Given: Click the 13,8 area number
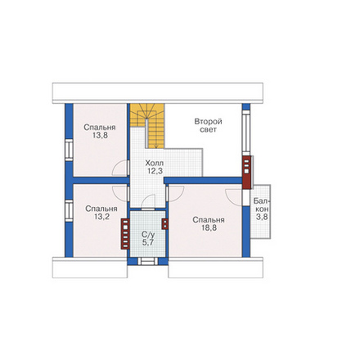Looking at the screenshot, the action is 100,136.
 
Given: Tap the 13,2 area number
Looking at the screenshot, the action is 101,217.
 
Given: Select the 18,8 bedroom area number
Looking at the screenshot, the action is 209,228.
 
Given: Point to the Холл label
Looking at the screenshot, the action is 155,164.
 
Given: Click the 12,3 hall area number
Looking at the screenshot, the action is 155,171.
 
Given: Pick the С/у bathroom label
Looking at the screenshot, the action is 148,235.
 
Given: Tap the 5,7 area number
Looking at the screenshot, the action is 148,242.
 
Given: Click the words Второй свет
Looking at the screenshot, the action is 208,125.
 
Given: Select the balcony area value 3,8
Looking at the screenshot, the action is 262,217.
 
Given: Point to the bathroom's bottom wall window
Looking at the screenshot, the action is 148,261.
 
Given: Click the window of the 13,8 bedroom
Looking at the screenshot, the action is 69,150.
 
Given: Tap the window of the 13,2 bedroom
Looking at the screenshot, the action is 69,210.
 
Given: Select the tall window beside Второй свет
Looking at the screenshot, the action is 246,131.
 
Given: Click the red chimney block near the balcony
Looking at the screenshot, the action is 246,172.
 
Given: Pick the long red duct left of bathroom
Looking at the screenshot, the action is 125,234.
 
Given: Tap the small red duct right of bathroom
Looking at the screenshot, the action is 164,224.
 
